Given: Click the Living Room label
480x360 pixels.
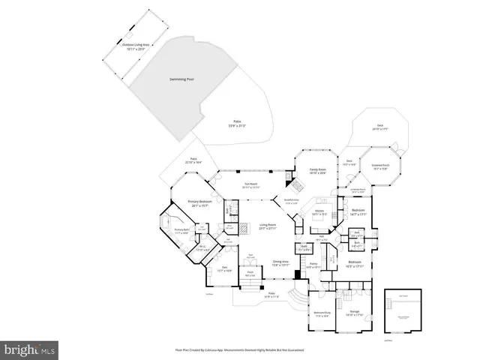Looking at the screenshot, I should click(268, 226).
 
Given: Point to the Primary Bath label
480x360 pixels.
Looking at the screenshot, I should click(183, 231).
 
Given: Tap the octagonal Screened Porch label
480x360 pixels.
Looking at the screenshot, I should click(380, 166).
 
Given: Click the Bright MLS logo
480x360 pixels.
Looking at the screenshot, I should click(30, 349).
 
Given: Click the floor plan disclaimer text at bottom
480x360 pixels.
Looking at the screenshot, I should click(240, 349).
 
